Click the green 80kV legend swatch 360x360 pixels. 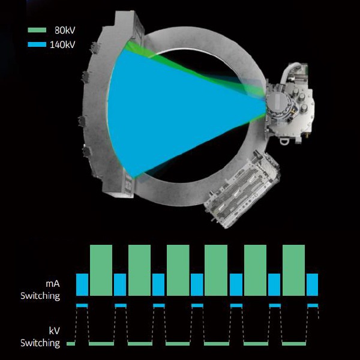pyautogui.click(x=37, y=30)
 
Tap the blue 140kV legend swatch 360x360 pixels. pyautogui.click(x=37, y=44)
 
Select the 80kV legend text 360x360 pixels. pyautogui.click(x=65, y=31)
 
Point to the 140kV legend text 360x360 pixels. pyautogui.click(x=62, y=44)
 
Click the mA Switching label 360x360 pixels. pyautogui.click(x=40, y=290)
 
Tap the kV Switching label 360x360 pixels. pyautogui.click(x=40, y=337)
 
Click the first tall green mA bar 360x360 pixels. pyautogui.click(x=101, y=270)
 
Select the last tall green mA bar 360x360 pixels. pyautogui.click(x=293, y=270)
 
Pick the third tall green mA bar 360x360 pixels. pyautogui.click(x=178, y=270)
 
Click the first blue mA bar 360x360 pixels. pyautogui.click(x=82, y=284)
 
